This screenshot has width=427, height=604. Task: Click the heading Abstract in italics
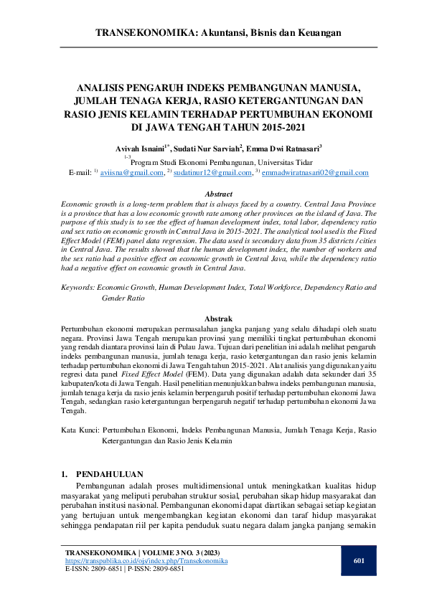219,194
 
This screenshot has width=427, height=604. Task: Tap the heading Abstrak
219,317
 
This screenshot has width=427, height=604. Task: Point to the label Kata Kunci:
79,430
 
